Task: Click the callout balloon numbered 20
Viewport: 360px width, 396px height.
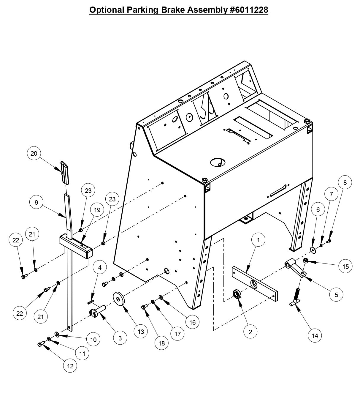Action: [x=34, y=154]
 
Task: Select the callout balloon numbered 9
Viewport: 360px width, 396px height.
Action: [x=37, y=203]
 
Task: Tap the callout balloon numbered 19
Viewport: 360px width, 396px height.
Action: [x=97, y=210]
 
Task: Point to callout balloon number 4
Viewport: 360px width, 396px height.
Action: [x=100, y=268]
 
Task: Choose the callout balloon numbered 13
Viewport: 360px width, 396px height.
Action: [x=141, y=332]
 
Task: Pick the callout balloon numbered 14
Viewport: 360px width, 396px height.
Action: [x=315, y=336]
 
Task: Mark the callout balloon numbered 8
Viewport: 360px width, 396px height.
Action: [x=345, y=183]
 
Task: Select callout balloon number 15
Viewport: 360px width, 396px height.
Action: [x=346, y=266]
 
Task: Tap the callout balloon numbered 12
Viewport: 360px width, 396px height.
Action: [x=70, y=366]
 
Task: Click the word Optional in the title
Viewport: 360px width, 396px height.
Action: [x=107, y=10]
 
